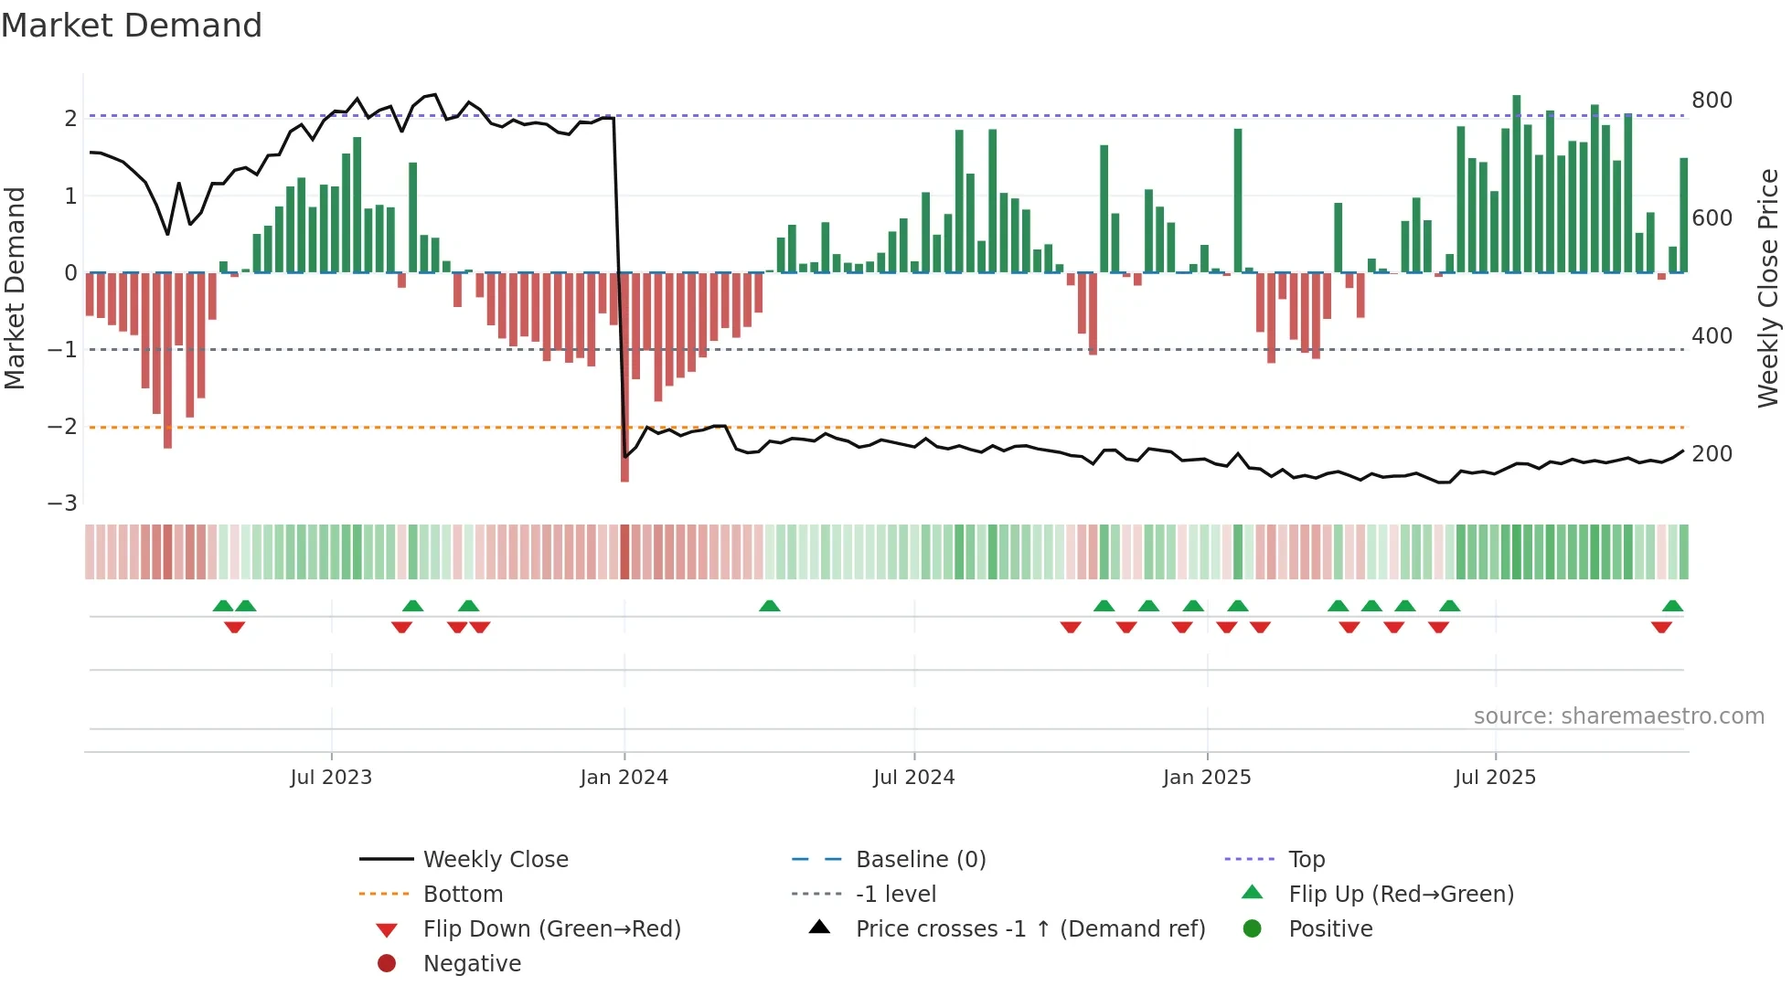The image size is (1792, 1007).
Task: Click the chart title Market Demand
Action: tap(132, 26)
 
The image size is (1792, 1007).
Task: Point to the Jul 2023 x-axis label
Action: tap(331, 778)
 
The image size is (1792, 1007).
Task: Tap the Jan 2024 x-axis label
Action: tap(624, 778)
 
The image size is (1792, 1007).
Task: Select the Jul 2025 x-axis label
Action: tap(1495, 778)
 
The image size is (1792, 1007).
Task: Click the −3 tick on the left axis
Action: tap(62, 503)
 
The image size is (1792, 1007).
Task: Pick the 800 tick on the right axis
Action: tap(1712, 101)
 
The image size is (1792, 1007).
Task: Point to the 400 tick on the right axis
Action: tap(1712, 336)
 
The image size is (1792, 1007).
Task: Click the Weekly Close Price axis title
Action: tap(1768, 288)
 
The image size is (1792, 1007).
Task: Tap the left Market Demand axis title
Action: tap(15, 288)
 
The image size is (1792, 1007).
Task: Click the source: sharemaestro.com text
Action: tap(1618, 716)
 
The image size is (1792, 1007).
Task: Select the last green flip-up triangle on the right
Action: tap(1672, 606)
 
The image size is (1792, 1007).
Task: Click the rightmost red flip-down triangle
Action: tap(1661, 627)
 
